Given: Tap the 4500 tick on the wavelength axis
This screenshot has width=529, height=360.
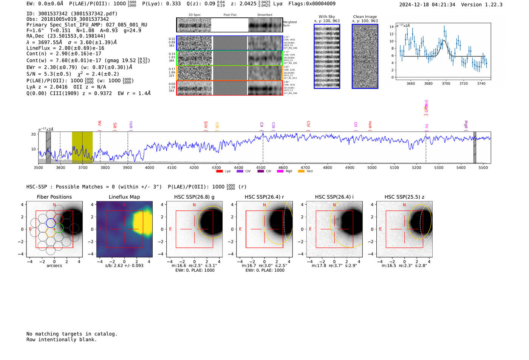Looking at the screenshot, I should (x=261, y=168).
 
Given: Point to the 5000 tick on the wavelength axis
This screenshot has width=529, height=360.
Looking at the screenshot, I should (x=372, y=168).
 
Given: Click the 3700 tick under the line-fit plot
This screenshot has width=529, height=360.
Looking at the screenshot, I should (x=446, y=83).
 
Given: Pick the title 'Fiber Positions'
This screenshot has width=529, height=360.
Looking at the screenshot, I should (x=54, y=197).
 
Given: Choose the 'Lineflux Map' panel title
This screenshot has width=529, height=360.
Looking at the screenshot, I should (x=124, y=197).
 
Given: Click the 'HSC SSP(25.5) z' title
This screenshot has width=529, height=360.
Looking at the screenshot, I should (x=404, y=197).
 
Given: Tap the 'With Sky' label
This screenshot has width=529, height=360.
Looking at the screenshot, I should (x=327, y=17).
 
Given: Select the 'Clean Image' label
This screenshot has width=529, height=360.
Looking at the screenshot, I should (x=365, y=17).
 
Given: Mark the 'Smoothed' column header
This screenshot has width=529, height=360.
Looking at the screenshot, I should (x=264, y=15).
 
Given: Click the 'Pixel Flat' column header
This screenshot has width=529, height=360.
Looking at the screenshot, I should (x=230, y=15).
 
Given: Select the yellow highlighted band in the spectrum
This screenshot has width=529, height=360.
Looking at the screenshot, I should (x=82, y=147).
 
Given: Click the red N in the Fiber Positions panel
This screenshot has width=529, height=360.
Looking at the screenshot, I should (x=54, y=205).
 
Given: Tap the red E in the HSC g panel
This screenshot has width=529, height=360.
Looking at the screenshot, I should (x=170, y=229).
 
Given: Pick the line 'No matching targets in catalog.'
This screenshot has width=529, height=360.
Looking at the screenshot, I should (x=72, y=334).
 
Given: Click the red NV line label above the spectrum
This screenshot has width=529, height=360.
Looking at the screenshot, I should (x=100, y=124).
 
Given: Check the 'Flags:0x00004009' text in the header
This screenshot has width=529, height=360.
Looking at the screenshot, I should (x=312, y=4).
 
